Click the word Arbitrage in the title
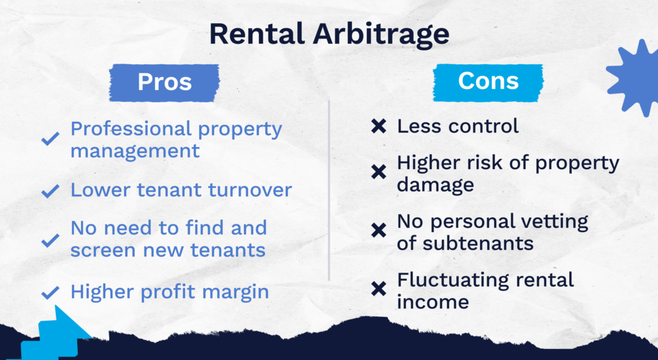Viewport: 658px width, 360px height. [381, 35]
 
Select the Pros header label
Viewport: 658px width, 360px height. [164, 82]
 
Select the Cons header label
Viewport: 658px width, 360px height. [488, 82]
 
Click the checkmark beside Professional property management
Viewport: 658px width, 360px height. [50, 138]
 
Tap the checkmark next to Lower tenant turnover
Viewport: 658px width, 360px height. [50, 191]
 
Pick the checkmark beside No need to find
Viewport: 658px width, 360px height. [50, 240]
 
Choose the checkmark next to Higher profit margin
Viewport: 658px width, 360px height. [50, 292]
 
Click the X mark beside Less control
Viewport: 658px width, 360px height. [378, 126]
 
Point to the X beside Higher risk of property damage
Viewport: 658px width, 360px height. [378, 172]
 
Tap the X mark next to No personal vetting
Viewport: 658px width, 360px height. [378, 230]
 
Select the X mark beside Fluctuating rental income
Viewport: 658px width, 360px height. [378, 289]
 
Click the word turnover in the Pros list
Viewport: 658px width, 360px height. [250, 190]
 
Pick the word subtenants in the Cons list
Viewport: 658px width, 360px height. [478, 244]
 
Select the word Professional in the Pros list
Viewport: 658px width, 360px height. [131, 129]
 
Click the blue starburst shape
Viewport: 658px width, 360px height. [634, 78]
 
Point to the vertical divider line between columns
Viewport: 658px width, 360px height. [329, 190]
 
